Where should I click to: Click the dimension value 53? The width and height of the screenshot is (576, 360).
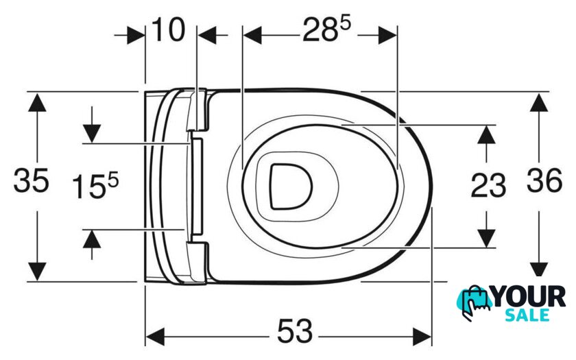tap(295, 331)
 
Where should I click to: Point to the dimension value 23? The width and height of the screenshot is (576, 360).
tap(488, 185)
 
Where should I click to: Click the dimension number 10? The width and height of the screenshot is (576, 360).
tap(168, 29)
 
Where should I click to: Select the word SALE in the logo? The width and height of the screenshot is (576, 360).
tap(527, 315)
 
